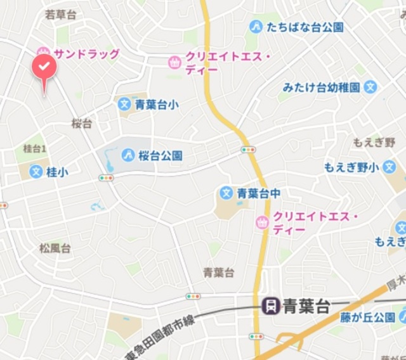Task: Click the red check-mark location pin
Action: (x=44, y=67)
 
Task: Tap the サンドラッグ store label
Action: (x=86, y=54)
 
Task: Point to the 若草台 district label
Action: (x=60, y=14)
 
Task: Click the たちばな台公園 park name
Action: (x=305, y=27)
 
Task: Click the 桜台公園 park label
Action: (x=161, y=155)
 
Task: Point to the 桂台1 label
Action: (x=36, y=148)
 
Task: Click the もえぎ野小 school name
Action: (x=351, y=167)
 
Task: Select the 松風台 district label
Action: (x=55, y=248)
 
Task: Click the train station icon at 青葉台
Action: (x=270, y=307)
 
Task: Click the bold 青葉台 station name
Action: (x=306, y=307)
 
